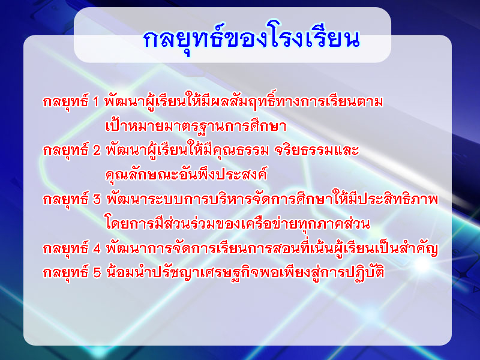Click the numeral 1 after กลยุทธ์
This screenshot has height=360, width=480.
[x=95, y=101]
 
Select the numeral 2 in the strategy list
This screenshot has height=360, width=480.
[x=97, y=151]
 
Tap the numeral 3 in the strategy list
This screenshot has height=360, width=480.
[x=97, y=199]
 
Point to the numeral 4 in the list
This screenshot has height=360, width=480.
[x=97, y=248]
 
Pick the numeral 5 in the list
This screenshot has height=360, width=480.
[x=97, y=272]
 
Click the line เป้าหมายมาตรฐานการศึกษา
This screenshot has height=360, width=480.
[x=196, y=125]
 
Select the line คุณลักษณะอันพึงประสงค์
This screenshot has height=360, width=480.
[x=186, y=174]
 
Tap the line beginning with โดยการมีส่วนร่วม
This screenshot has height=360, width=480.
[x=237, y=223]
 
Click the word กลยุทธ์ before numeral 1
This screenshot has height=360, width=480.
[x=65, y=101]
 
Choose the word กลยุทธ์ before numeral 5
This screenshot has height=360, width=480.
[x=65, y=272]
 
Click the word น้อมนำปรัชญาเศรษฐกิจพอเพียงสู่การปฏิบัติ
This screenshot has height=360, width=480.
[x=245, y=272]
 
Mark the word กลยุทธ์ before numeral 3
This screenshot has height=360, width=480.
[x=65, y=199]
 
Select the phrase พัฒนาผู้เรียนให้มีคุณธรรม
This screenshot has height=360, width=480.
[x=187, y=150]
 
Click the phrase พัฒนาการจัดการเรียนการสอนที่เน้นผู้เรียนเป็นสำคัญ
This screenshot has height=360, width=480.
[x=272, y=248]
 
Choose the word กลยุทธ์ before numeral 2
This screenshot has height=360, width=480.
[x=65, y=150]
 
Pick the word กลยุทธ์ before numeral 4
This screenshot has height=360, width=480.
[x=65, y=248]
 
